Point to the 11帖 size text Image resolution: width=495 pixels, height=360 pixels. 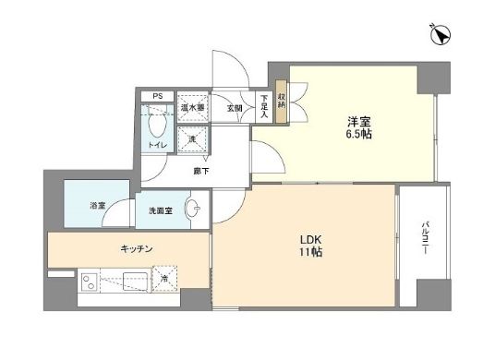[x=309, y=251]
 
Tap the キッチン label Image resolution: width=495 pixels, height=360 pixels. [x=136, y=248]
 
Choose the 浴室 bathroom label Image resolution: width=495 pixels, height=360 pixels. [x=97, y=204]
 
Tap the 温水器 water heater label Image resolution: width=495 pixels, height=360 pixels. [x=193, y=108]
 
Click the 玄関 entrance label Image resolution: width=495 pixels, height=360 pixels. [x=235, y=108]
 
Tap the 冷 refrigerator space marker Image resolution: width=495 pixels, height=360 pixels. [x=164, y=278]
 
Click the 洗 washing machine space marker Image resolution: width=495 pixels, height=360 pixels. [x=193, y=139]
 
